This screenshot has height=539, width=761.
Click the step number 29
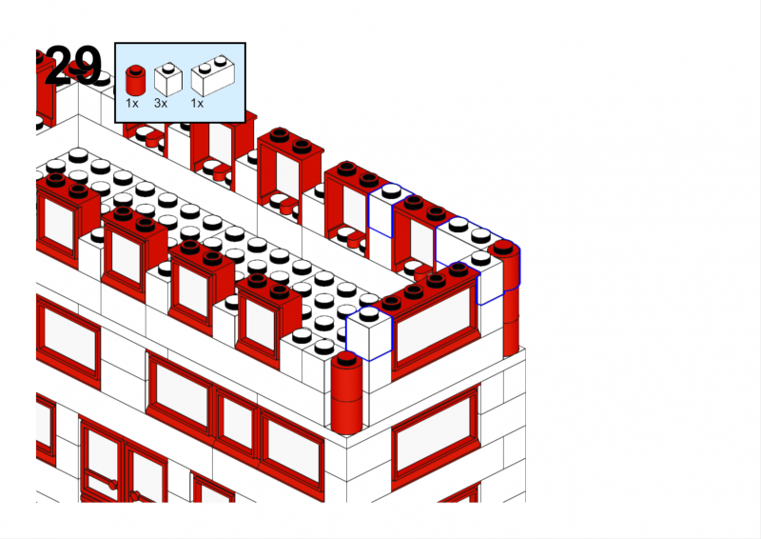[x=73, y=65]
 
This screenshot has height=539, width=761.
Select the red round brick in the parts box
[x=135, y=80]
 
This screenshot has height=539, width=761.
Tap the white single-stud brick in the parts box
[x=168, y=80]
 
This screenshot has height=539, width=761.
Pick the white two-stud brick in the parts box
[x=213, y=76]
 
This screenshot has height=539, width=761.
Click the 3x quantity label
[x=161, y=103]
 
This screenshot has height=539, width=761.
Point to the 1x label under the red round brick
[x=132, y=103]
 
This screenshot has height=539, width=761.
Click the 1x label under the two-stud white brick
[x=197, y=103]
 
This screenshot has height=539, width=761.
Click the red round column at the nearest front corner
[x=346, y=392]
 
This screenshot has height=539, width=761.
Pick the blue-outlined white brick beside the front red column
[x=369, y=333]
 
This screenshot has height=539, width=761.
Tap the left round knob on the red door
[x=112, y=484]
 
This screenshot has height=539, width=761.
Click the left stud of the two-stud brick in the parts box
[x=205, y=67]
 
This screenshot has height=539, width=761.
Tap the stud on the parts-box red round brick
[x=135, y=69]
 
